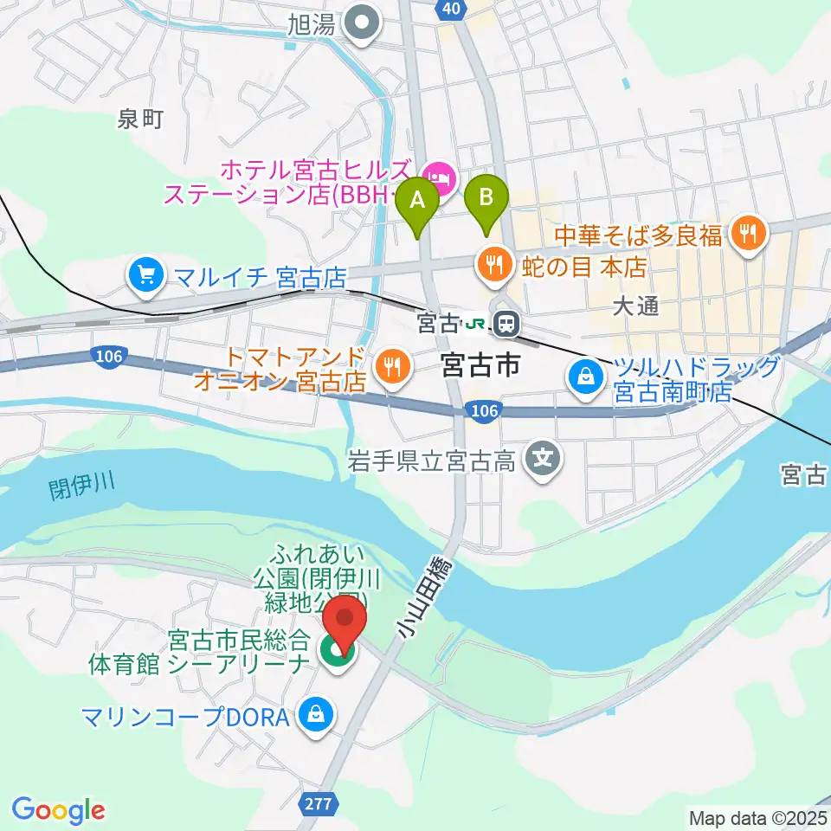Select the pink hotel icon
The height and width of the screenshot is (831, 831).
click(441, 179)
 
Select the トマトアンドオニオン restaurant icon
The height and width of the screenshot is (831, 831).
click(392, 367)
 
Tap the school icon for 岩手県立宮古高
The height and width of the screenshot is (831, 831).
click(544, 456)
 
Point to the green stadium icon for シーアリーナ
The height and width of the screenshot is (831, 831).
click(332, 654)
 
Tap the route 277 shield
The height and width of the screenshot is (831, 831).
click(319, 804)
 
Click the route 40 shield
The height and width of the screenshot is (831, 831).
click(448, 8)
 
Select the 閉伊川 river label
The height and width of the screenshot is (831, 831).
click(82, 491)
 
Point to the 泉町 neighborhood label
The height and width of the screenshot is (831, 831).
click(139, 119)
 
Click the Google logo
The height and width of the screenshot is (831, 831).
click(59, 809)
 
